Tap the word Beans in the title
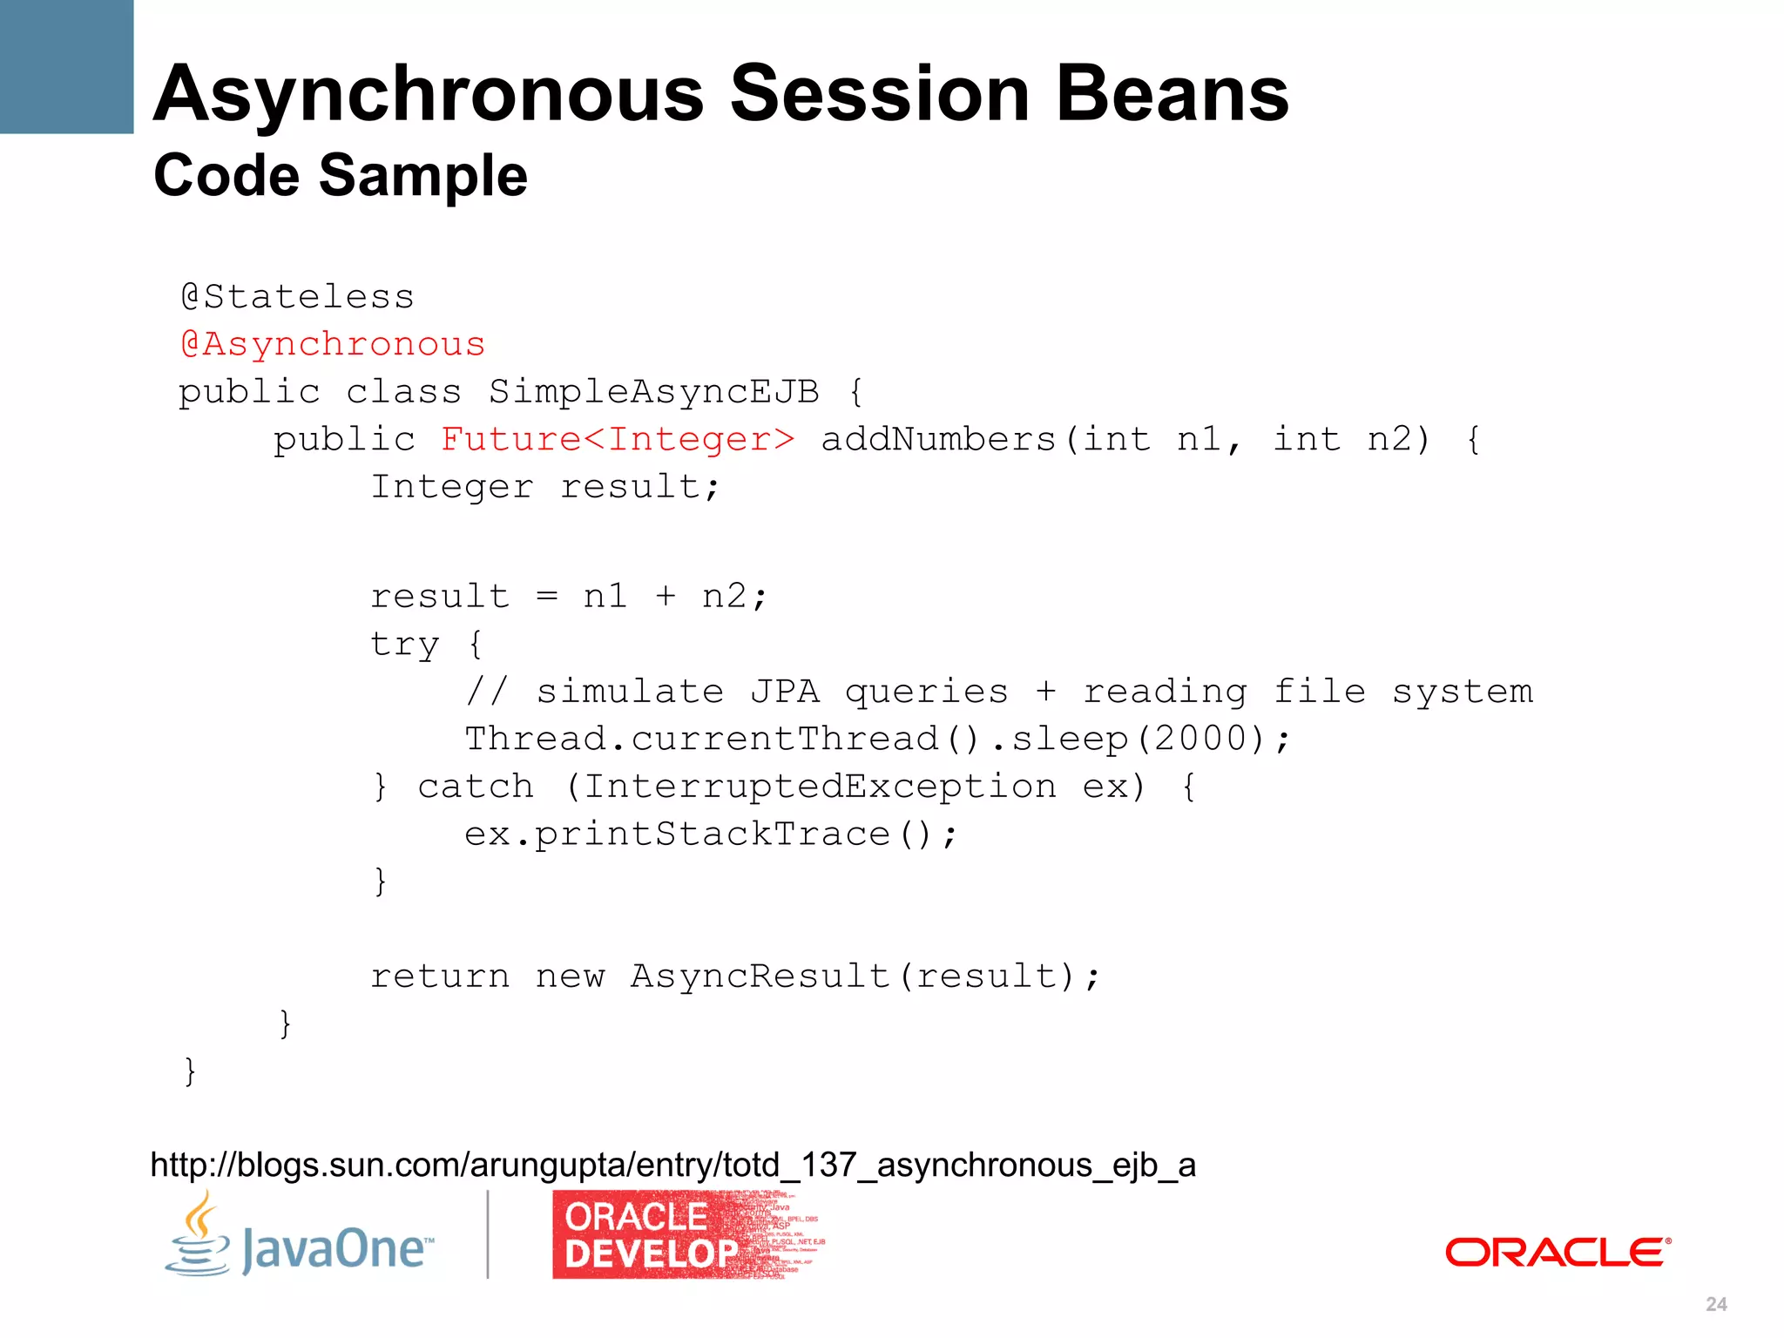(1172, 94)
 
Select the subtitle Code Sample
(340, 176)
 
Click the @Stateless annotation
(297, 297)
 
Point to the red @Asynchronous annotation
(332, 344)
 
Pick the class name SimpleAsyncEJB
(653, 392)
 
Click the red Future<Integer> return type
(618, 439)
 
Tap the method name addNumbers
(938, 439)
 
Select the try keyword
(404, 645)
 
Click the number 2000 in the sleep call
(1202, 739)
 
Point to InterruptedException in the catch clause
(820, 787)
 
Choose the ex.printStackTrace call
(710, 835)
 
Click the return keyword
(440, 976)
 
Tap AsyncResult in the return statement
(760, 976)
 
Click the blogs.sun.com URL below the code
(672, 1165)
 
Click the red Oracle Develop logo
(686, 1235)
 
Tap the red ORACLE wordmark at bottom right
(1558, 1253)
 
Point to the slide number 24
(1716, 1304)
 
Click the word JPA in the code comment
(784, 692)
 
